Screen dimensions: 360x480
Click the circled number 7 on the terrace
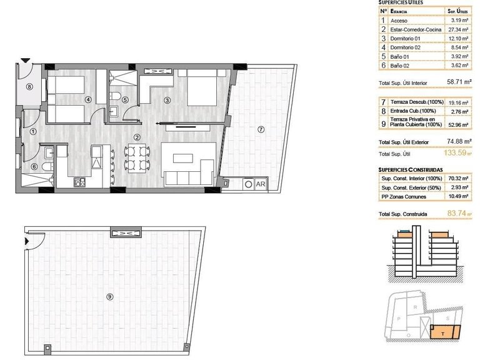coord(261,129)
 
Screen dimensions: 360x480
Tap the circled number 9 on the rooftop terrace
coord(110,296)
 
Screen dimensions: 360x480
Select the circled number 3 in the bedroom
coord(167,100)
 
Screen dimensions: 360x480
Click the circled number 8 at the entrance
coord(29,87)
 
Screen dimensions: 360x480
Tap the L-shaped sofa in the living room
coord(186,167)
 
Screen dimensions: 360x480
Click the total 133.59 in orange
coord(454,152)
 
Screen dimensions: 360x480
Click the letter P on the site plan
coord(399,317)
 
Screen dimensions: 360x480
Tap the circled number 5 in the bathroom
coord(125,99)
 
